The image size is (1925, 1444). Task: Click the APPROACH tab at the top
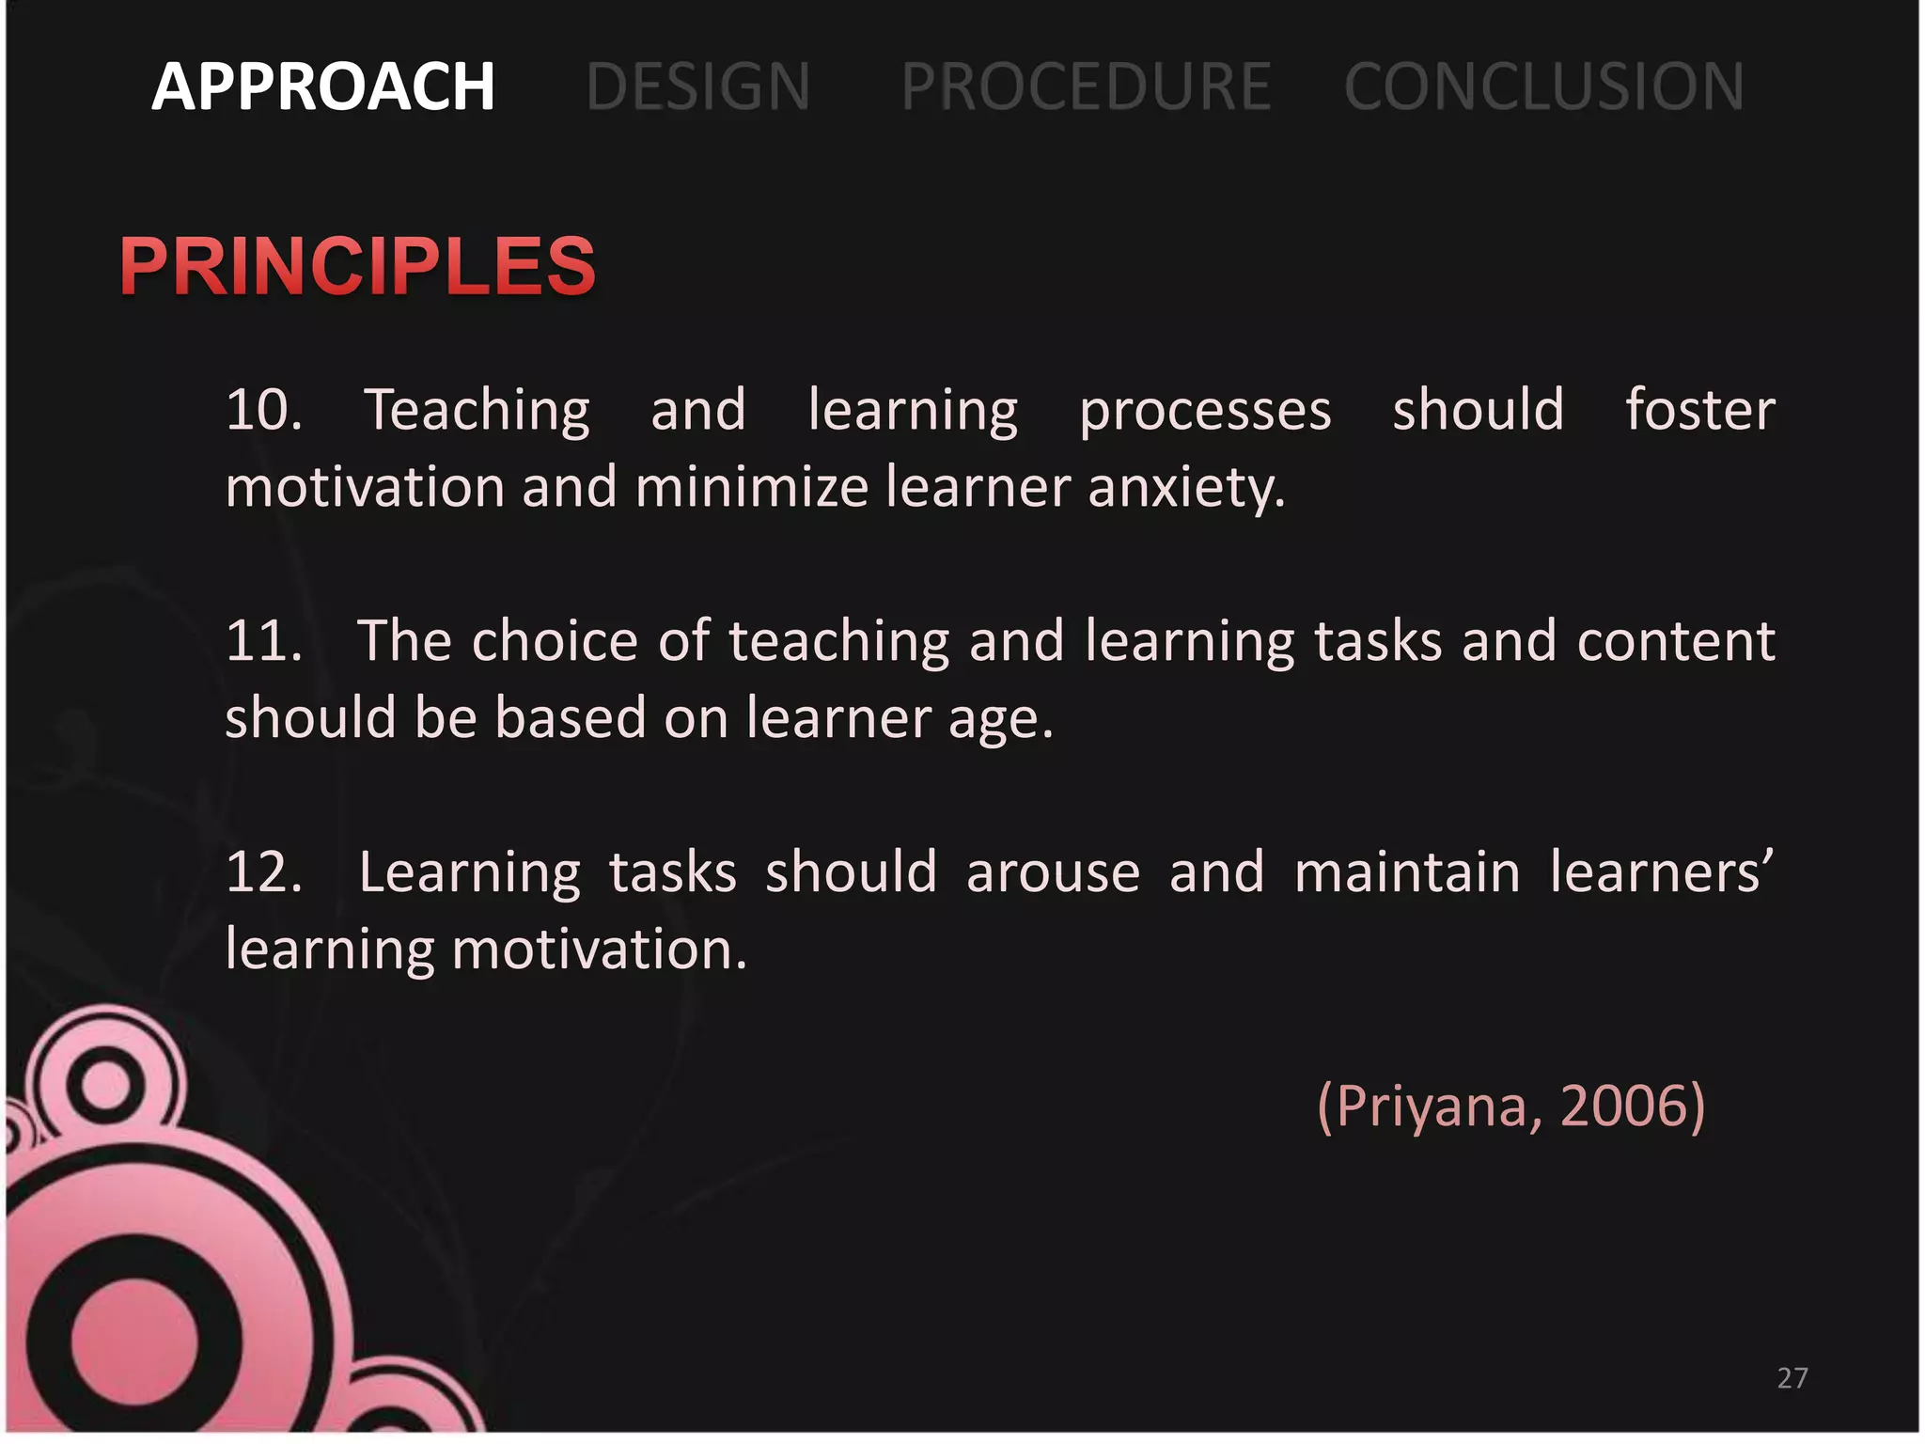(322, 86)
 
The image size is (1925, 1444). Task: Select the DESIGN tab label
(697, 86)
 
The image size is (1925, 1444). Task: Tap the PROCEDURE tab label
(1086, 86)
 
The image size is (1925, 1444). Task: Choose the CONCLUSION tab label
(1543, 86)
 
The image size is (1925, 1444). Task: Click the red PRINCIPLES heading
(357, 266)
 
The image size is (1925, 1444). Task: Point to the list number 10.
(263, 411)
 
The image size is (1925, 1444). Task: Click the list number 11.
(263, 642)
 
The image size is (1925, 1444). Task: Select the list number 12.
(263, 872)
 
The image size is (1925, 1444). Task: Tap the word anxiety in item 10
(1186, 489)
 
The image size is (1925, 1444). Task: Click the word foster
(1699, 411)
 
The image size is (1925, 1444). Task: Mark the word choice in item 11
(555, 642)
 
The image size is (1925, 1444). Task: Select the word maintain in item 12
(1407, 872)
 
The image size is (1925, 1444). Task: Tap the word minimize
(751, 489)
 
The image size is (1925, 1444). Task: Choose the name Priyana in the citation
(1438, 1107)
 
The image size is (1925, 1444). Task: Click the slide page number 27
(1792, 1378)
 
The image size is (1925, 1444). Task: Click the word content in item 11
(1676, 642)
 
